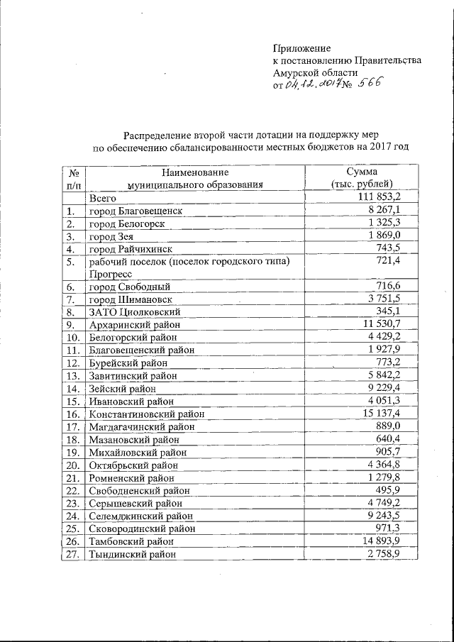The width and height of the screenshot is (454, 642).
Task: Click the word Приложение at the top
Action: point(302,48)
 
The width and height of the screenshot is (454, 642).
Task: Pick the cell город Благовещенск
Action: point(135,211)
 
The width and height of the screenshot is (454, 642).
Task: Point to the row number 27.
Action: point(70,555)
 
